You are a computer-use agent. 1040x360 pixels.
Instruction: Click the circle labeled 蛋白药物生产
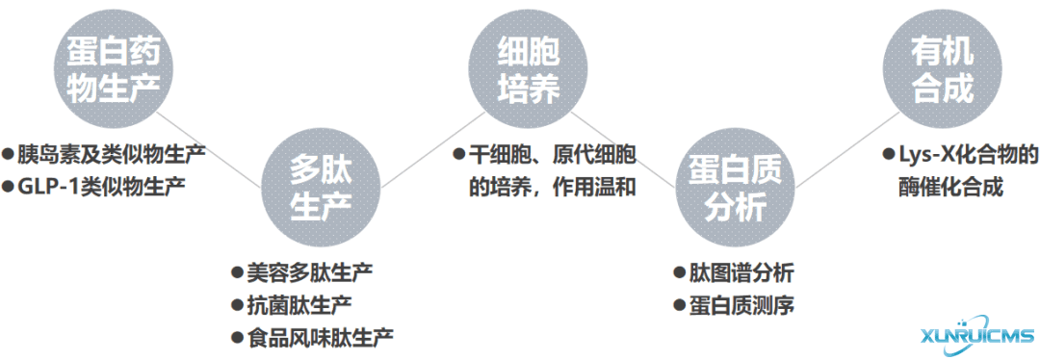tap(114, 65)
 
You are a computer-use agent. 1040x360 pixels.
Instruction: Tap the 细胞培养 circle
tap(528, 65)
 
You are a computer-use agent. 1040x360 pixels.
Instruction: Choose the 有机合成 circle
tap(941, 65)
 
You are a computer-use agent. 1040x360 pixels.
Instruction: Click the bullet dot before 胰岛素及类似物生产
tap(8, 153)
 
